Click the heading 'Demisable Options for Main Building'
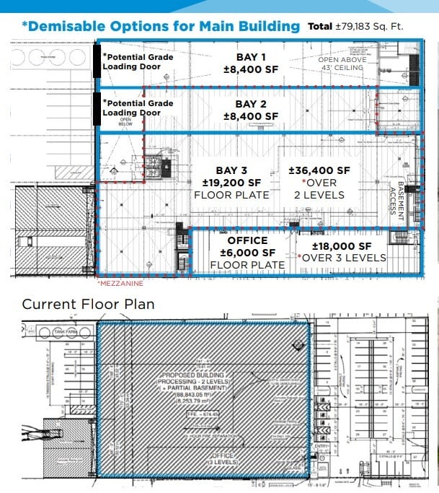pyautogui.click(x=160, y=27)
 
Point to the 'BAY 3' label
pyautogui.click(x=231, y=170)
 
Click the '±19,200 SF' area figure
pyautogui.click(x=231, y=183)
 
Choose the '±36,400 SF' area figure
pyautogui.click(x=319, y=170)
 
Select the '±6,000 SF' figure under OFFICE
pyautogui.click(x=247, y=253)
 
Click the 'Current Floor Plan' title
pyautogui.click(x=88, y=304)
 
